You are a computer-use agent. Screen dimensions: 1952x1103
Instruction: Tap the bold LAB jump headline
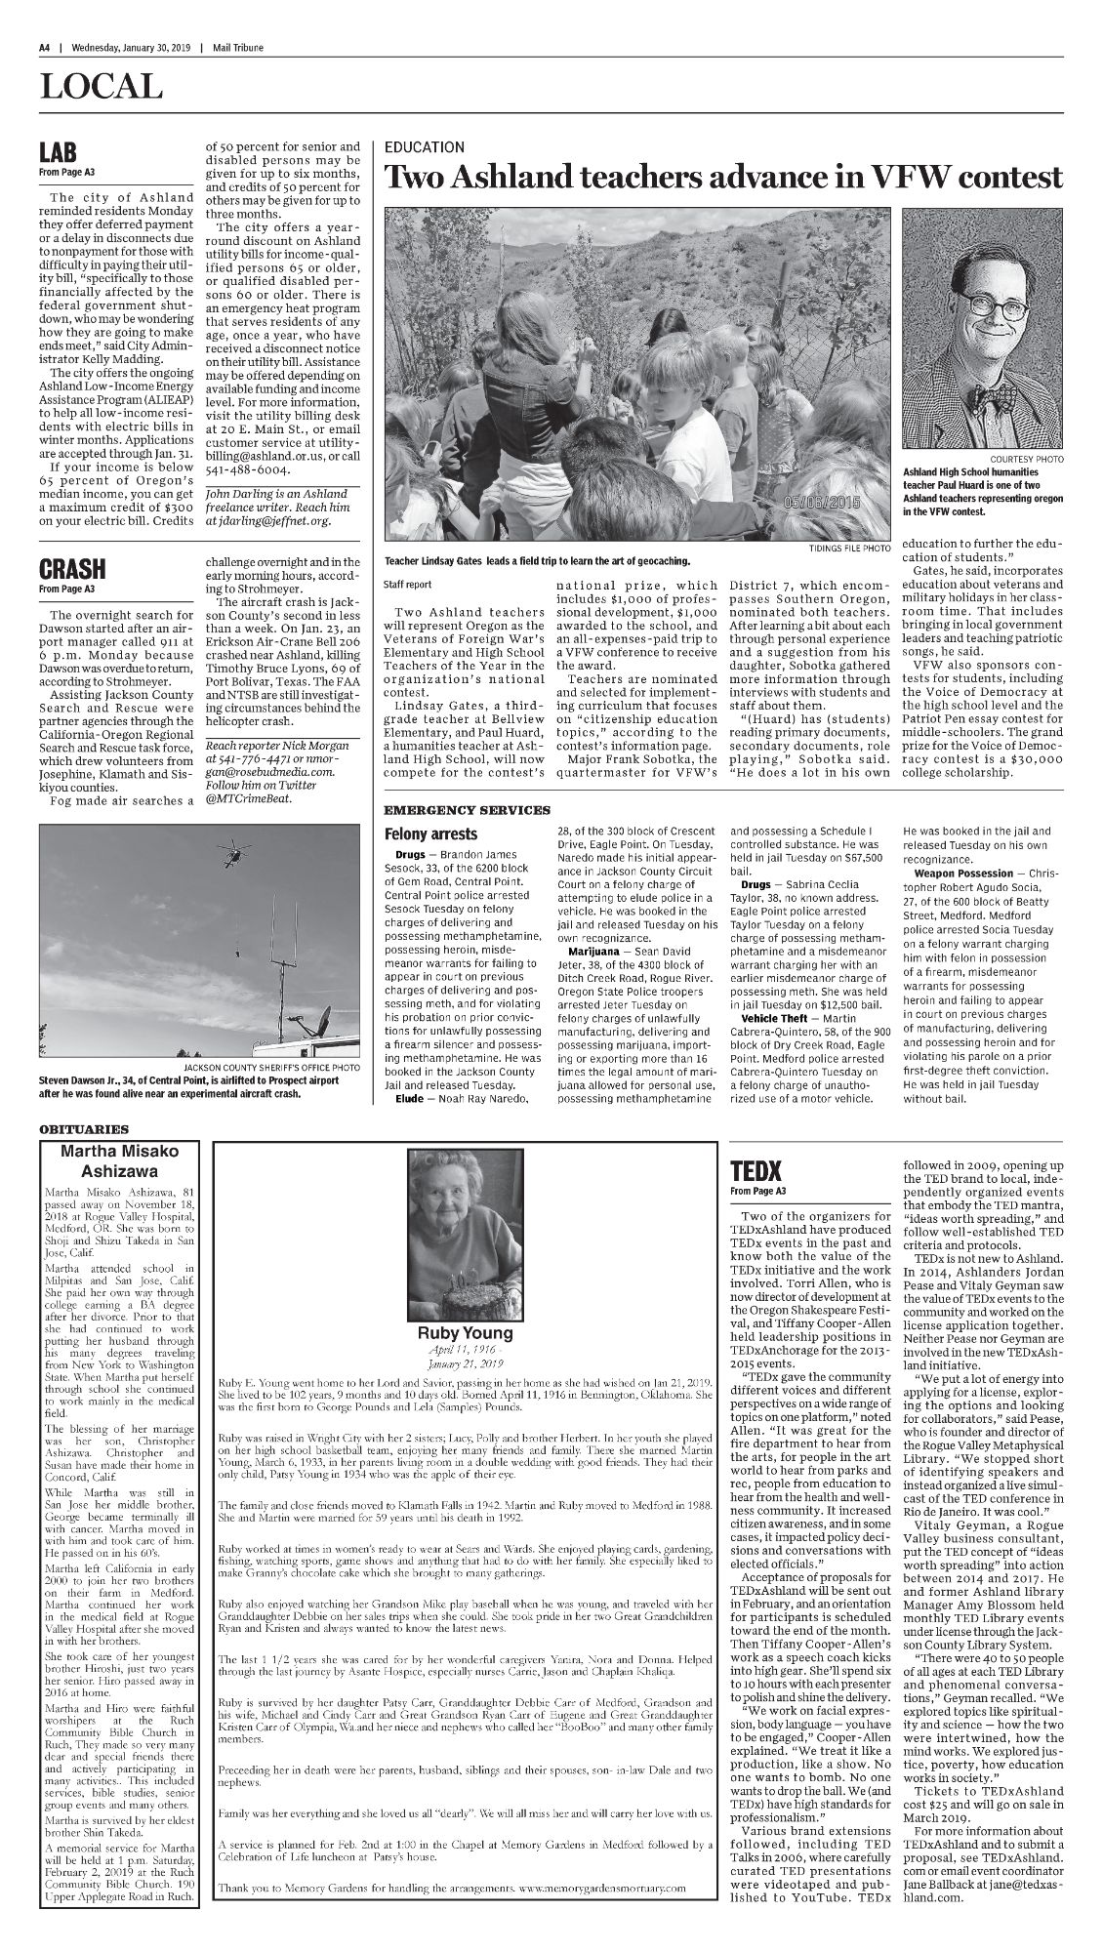(59, 154)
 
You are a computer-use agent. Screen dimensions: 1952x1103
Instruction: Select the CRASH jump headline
(72, 569)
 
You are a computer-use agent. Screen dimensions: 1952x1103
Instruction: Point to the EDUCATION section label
(424, 147)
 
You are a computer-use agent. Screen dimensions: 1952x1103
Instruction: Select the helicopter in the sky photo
(232, 855)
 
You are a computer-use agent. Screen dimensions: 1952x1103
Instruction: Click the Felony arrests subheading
(430, 834)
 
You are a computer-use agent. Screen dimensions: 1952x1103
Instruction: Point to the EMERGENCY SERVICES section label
(467, 810)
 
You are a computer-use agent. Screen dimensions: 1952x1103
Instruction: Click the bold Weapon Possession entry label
(963, 872)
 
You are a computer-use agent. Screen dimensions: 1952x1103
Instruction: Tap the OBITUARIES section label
(85, 1129)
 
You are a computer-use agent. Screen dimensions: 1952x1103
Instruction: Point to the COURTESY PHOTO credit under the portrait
(1026, 459)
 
